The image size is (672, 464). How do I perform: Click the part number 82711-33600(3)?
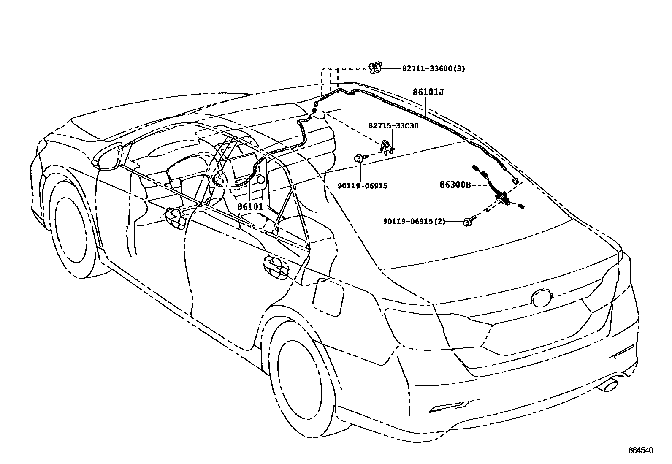433,68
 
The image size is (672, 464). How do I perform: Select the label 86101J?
428,92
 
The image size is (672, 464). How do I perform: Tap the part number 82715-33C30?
393,125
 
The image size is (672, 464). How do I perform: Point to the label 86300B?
455,185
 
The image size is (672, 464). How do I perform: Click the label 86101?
250,207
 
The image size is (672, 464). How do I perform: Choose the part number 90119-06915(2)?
414,221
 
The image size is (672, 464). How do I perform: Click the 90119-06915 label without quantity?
362,185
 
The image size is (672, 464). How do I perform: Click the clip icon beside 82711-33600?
375,67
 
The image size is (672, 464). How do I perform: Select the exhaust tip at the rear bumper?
608,385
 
